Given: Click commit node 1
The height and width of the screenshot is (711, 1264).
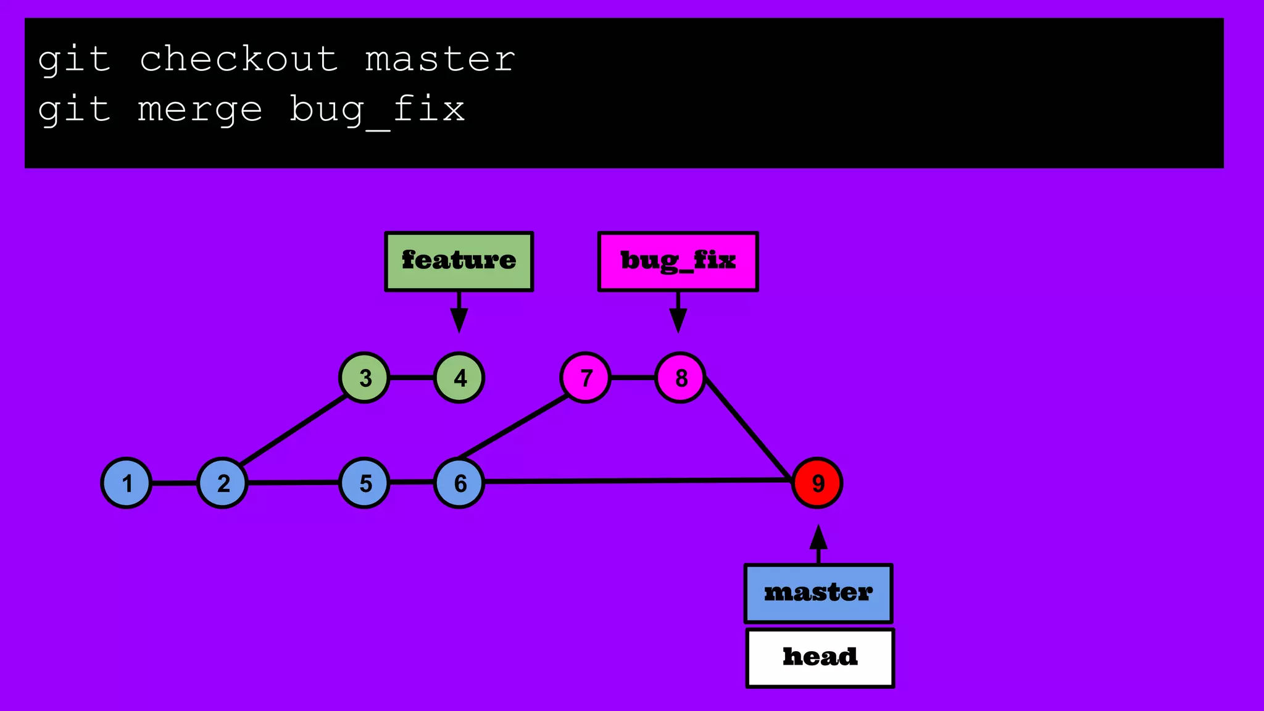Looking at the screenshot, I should [127, 483].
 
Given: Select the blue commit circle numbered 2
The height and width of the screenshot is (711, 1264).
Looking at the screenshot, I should [222, 483].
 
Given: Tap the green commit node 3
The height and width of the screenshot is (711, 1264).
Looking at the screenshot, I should [365, 378].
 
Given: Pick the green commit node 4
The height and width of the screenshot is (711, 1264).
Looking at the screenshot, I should [459, 378].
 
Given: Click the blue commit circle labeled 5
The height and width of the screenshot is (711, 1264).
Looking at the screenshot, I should [365, 483].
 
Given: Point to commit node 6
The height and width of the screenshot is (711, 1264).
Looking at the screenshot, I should [459, 483].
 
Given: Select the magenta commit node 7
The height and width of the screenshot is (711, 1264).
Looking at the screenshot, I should [586, 378].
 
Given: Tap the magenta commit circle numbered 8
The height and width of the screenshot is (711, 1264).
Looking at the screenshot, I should [680, 378].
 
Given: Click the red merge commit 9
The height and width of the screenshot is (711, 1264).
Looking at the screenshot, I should [817, 483].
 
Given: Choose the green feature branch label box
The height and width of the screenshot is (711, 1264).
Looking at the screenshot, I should [459, 261].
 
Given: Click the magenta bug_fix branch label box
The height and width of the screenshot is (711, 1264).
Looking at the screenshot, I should [678, 261].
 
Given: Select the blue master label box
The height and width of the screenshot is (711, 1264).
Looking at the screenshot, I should [818, 593].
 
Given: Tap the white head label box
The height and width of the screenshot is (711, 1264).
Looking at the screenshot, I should [820, 657].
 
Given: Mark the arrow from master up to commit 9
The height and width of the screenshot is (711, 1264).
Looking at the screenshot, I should [818, 544].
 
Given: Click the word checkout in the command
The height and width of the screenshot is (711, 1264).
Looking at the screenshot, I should [239, 59].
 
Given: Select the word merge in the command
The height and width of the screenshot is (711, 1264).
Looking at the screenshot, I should [200, 110].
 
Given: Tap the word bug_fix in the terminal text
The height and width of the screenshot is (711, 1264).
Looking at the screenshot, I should [377, 110].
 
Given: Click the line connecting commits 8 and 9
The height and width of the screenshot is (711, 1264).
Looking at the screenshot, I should [749, 429].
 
